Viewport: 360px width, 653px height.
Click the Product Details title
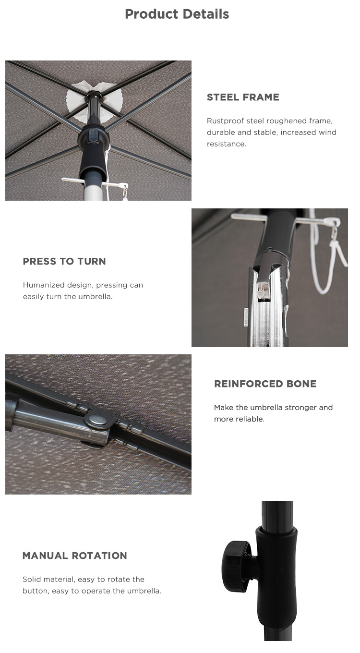(x=177, y=14)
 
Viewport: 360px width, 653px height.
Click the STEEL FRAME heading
(x=243, y=97)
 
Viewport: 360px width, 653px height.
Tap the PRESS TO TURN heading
(x=64, y=261)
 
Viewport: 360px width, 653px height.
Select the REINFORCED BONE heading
(x=265, y=384)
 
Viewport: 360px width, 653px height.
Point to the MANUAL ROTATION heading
(x=75, y=556)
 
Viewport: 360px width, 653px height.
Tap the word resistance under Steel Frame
(x=227, y=144)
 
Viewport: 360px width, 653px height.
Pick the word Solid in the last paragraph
(x=31, y=579)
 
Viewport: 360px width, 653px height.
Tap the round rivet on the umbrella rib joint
(x=97, y=420)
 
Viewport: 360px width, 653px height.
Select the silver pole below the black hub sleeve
(x=93, y=190)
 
